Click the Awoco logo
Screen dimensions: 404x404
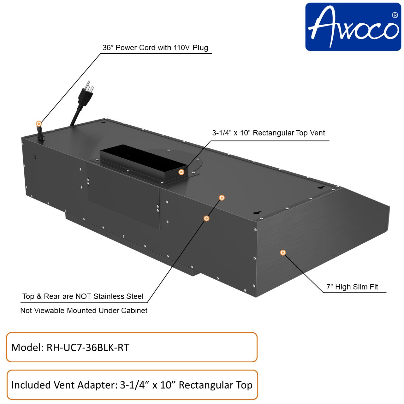coord(353,27)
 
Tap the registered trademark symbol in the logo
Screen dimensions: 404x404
coord(394,15)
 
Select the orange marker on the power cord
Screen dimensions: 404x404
coord(39,124)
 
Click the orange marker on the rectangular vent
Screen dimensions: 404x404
coord(181,172)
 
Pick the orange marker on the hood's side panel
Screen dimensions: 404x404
coord(283,252)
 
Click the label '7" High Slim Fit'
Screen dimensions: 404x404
coord(352,287)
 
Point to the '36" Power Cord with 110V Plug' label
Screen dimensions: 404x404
coord(155,48)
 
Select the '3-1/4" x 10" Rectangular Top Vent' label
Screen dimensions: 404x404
coord(268,133)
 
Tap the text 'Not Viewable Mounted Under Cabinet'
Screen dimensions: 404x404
coord(84,311)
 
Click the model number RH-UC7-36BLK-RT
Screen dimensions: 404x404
coord(88,348)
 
